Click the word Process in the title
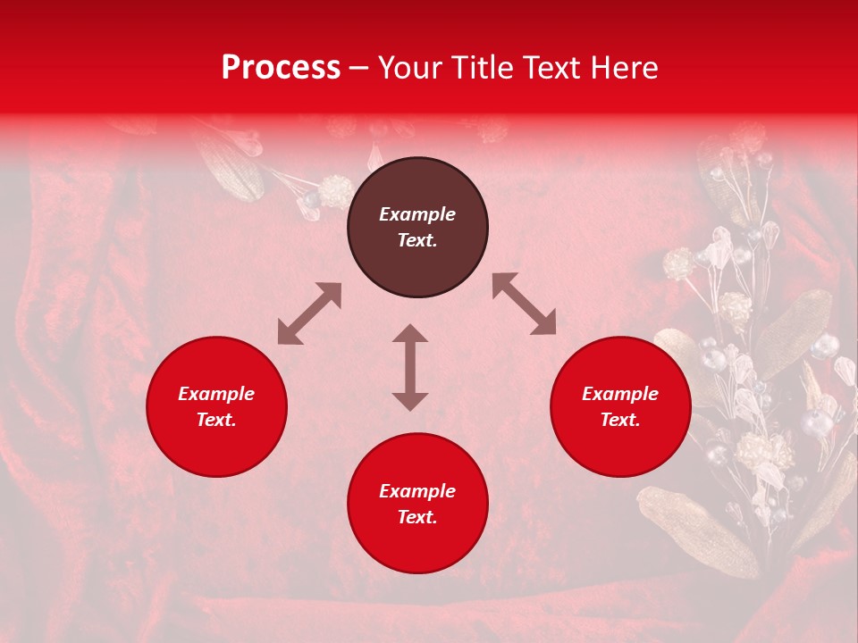pyautogui.click(x=281, y=68)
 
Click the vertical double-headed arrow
pyautogui.click(x=410, y=367)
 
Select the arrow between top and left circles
pyautogui.click(x=309, y=313)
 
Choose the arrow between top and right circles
pyautogui.click(x=524, y=304)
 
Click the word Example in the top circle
pyautogui.click(x=417, y=214)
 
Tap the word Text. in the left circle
pyautogui.click(x=216, y=420)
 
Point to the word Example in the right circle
pyautogui.click(x=620, y=394)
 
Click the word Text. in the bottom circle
pyautogui.click(x=417, y=517)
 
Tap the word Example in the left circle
pyautogui.click(x=216, y=394)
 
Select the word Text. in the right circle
pyautogui.click(x=620, y=420)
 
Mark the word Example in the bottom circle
pyautogui.click(x=417, y=491)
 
